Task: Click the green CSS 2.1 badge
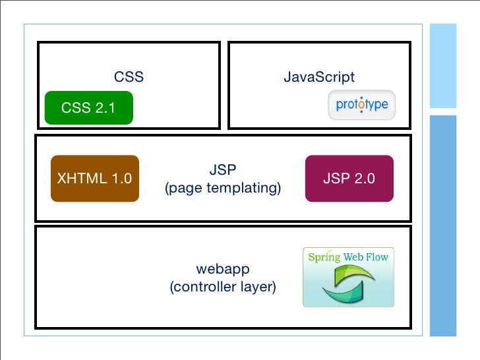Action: pyautogui.click(x=88, y=108)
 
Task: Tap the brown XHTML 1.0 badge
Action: pyautogui.click(x=95, y=178)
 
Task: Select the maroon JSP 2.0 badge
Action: pyautogui.click(x=349, y=178)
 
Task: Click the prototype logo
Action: pyautogui.click(x=361, y=105)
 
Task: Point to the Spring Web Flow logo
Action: pyautogui.click(x=348, y=277)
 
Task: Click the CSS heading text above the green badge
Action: pyautogui.click(x=129, y=77)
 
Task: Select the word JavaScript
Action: pyautogui.click(x=319, y=77)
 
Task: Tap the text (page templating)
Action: pyautogui.click(x=223, y=189)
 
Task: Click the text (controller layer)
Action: pyautogui.click(x=223, y=287)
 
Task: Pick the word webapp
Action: pyautogui.click(x=223, y=269)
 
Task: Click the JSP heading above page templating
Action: pyautogui.click(x=223, y=170)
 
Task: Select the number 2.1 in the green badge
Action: pyautogui.click(x=104, y=108)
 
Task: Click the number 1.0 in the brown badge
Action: pyautogui.click(x=119, y=178)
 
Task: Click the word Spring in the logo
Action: pyautogui.click(x=324, y=257)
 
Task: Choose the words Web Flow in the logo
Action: pyautogui.click(x=366, y=257)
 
